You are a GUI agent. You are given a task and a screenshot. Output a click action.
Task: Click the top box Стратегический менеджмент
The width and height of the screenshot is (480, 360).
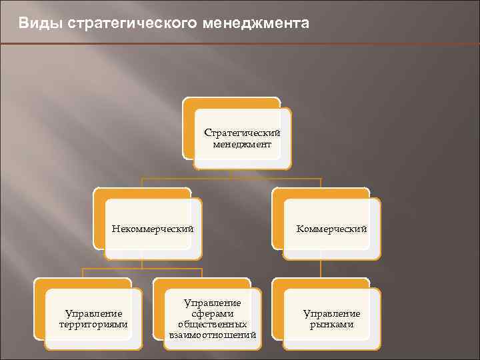[x=242, y=138]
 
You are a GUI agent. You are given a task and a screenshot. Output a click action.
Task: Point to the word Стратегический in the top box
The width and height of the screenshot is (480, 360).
[x=242, y=133]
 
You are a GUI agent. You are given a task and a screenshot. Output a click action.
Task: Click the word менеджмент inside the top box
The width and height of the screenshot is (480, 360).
[x=242, y=144]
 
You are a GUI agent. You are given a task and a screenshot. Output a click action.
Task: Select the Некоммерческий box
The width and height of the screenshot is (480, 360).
[x=153, y=229]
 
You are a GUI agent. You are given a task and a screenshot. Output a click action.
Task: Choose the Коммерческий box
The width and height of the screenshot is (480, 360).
[x=331, y=229]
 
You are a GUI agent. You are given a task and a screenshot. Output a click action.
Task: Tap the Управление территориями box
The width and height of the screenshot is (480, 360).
[x=93, y=319]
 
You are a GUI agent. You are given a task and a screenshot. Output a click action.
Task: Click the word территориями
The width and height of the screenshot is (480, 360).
[x=93, y=325]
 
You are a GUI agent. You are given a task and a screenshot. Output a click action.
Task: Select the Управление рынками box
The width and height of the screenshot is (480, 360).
[x=331, y=319]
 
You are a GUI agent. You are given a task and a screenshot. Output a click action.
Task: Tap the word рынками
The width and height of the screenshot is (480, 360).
[x=331, y=325]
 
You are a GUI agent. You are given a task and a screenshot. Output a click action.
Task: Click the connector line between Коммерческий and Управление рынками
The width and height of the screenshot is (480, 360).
[x=321, y=268]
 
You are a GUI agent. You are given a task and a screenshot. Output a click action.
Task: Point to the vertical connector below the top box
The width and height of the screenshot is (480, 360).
[x=230, y=174]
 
